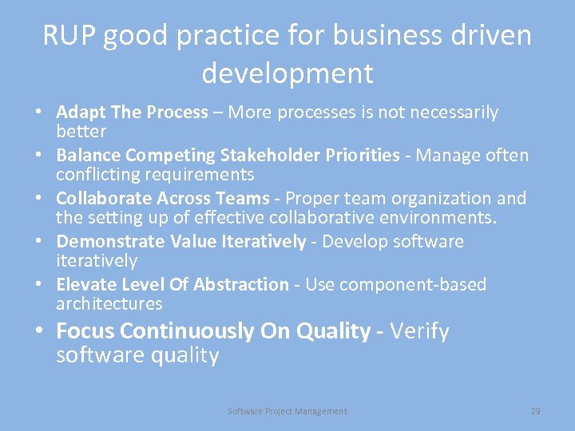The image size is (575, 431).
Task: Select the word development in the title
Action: tap(287, 73)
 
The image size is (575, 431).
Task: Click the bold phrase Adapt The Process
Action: tap(132, 113)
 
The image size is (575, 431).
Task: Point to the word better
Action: tap(81, 131)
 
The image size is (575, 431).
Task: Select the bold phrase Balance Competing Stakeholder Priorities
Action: tap(228, 156)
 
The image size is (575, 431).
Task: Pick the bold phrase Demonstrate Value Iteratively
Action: tap(181, 242)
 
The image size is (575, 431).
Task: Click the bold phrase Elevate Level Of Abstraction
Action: tap(172, 285)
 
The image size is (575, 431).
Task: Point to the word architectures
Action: tap(109, 304)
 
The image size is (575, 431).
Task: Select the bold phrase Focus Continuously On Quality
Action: tap(213, 331)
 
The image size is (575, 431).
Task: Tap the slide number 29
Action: tap(536, 411)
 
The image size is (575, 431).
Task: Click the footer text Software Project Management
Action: tap(287, 411)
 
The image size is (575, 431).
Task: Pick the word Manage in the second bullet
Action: tap(444, 156)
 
